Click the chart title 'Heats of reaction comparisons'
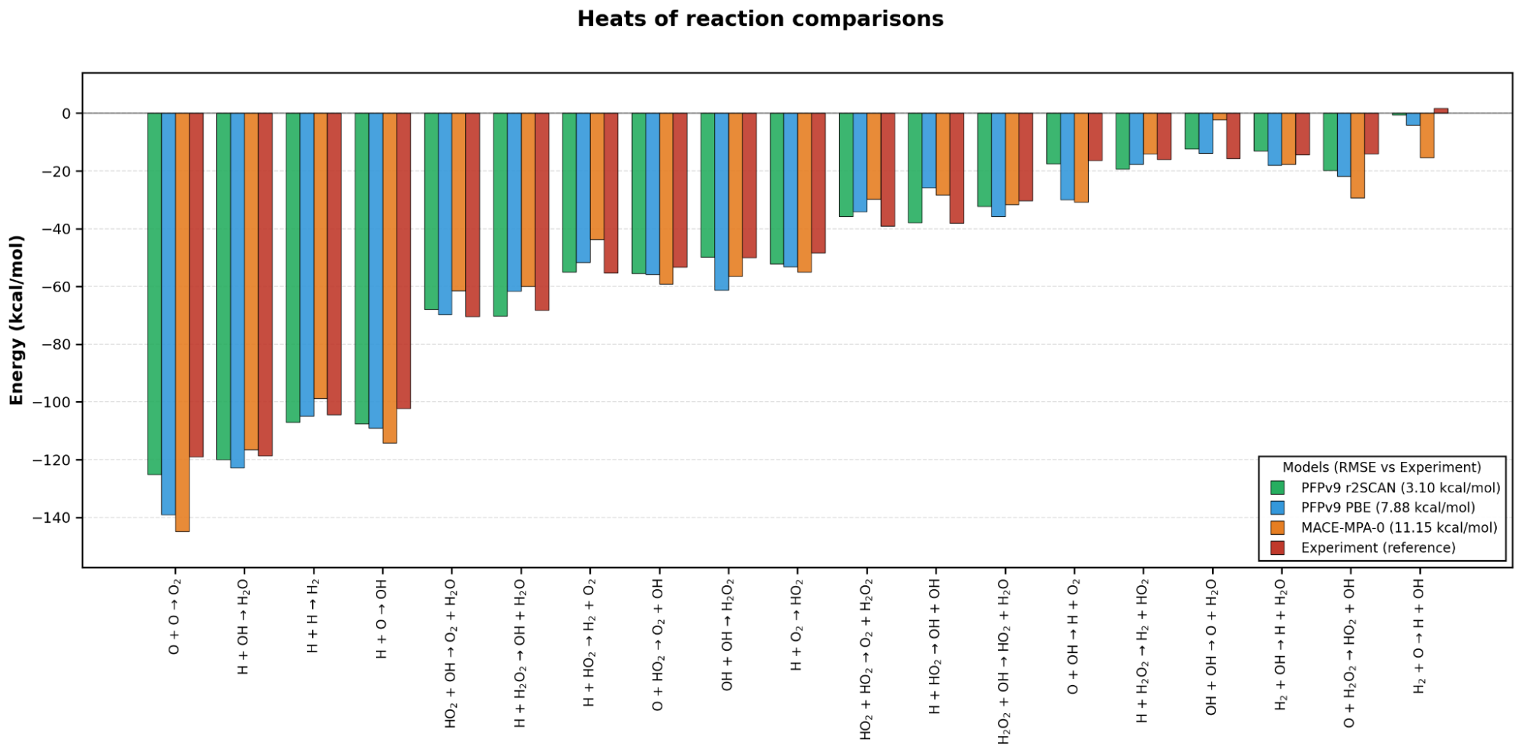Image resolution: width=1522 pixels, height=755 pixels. point(760,19)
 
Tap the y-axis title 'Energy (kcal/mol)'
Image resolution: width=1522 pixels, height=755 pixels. point(17,320)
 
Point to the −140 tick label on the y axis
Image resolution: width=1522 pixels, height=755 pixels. point(52,518)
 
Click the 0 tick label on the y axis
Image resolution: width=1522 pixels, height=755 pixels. point(67,113)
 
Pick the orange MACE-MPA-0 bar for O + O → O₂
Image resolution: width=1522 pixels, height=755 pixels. point(183,323)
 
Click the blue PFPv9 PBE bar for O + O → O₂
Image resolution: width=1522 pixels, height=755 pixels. point(168,314)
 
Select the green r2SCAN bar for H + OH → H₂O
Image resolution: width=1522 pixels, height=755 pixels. point(224,286)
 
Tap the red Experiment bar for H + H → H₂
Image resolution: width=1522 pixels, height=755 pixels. point(334,264)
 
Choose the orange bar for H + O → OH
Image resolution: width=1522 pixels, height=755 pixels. point(390,278)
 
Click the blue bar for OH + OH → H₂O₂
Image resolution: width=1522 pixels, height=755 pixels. point(722,202)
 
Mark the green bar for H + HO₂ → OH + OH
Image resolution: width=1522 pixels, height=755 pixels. point(915,168)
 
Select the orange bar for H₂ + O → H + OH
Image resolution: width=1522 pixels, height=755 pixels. point(1427,135)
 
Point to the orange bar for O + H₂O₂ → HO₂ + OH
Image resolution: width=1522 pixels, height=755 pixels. point(1358,156)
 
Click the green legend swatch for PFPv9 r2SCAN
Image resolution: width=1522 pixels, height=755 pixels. point(1278,488)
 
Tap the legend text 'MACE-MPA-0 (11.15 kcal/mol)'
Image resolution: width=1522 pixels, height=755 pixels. point(1399,527)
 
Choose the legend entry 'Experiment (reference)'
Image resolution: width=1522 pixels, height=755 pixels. point(1363,548)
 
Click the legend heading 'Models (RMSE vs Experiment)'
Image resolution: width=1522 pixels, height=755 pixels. point(1382,467)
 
